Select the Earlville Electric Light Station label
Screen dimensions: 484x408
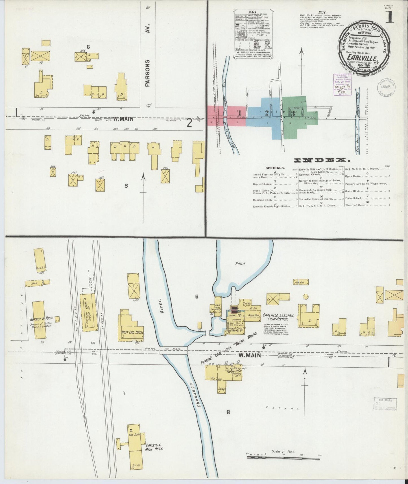point(278,317)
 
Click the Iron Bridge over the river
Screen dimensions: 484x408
point(173,350)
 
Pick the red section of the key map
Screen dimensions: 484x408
point(219,116)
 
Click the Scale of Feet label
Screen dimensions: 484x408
point(283,452)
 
